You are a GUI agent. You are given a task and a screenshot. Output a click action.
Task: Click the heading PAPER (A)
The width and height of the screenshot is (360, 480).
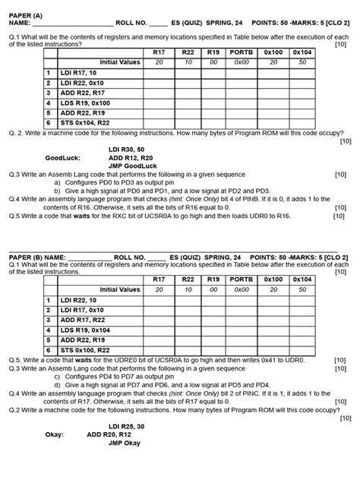(26, 15)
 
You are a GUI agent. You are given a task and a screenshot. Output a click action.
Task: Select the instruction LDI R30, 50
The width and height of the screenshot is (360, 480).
(126, 149)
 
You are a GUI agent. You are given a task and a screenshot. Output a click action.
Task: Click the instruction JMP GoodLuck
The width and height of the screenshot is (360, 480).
(131, 165)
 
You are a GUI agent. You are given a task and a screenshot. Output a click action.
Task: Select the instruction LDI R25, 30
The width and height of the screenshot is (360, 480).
(126, 427)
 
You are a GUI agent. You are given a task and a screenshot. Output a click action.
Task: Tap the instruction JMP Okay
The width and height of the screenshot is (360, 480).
(124, 444)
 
